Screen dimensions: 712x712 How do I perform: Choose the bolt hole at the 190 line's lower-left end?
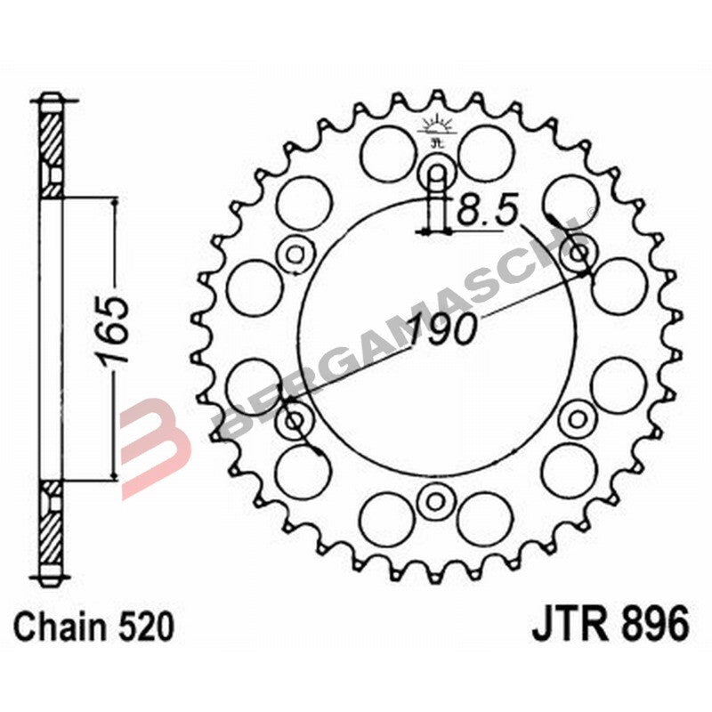click(x=294, y=418)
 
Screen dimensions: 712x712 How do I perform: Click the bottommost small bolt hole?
click(x=435, y=499)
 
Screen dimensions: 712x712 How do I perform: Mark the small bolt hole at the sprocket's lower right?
click(x=578, y=417)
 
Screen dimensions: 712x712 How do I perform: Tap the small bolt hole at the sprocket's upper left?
click(x=294, y=255)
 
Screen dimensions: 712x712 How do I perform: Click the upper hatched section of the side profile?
click(x=52, y=147)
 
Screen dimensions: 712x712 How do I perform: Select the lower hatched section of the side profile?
click(x=52, y=525)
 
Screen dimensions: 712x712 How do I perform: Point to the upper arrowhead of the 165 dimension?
click(x=113, y=205)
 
